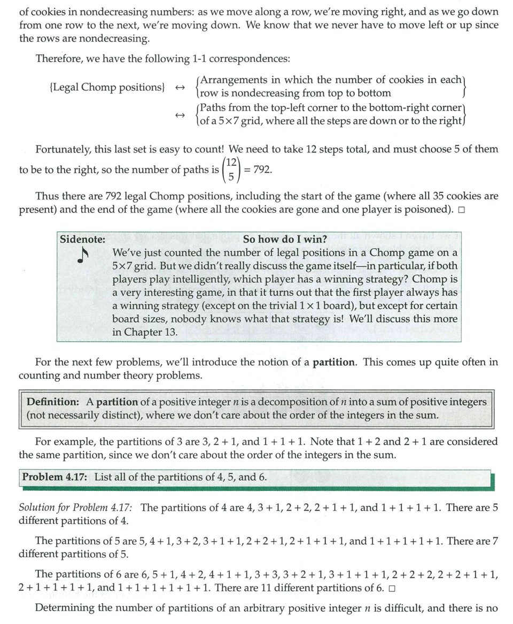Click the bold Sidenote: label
(x=82, y=239)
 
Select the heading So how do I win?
(x=285, y=239)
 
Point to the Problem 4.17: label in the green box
(x=56, y=476)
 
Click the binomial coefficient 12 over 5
(x=231, y=170)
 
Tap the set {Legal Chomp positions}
(x=106, y=87)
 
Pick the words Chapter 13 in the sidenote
(x=144, y=332)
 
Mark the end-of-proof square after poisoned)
(x=461, y=210)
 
